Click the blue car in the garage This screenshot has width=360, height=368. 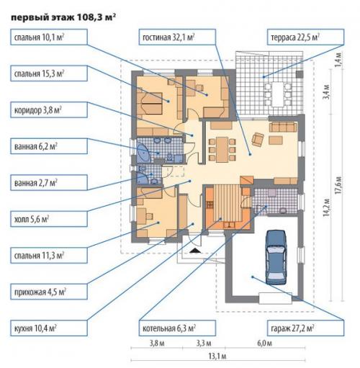click(x=276, y=257)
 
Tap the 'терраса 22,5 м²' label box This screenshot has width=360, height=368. click(x=305, y=37)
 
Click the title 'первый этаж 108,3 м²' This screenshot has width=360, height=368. click(x=63, y=17)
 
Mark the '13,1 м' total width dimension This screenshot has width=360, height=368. click(x=217, y=356)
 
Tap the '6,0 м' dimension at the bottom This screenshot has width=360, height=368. click(x=265, y=343)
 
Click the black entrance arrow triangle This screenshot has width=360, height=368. click(x=196, y=251)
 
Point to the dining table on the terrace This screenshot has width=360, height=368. click(x=278, y=94)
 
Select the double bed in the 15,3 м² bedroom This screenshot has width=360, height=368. click(x=149, y=103)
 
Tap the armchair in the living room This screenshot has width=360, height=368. click(x=258, y=139)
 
